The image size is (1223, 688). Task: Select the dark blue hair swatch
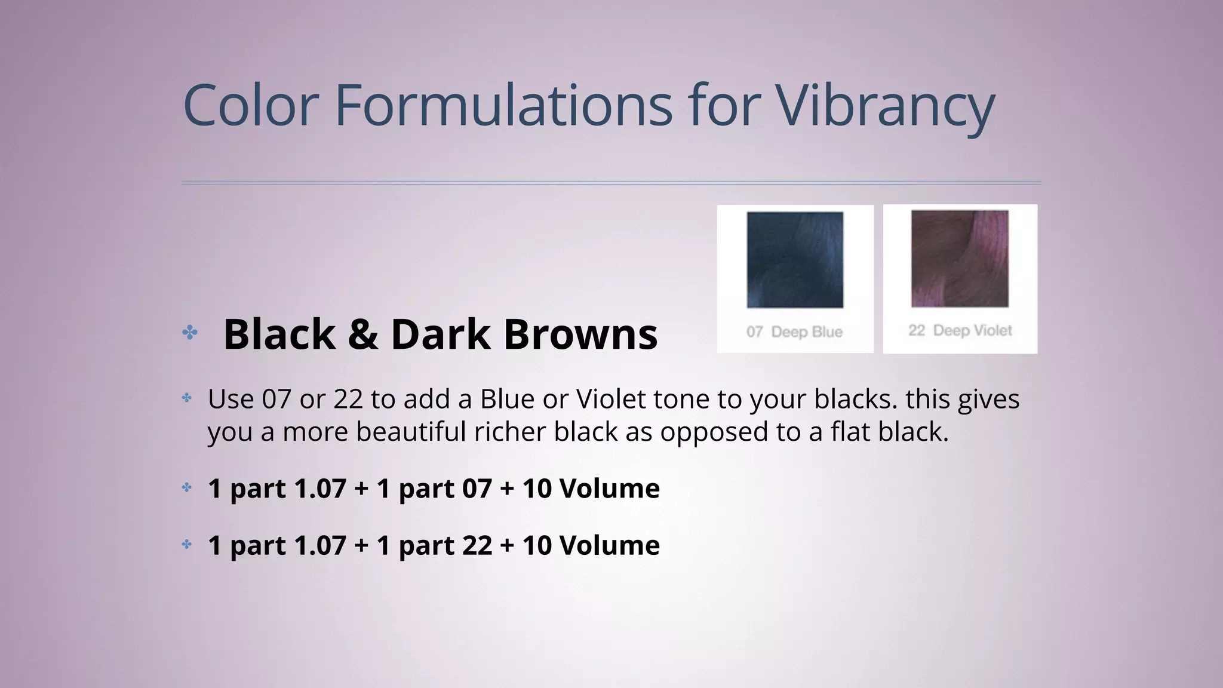click(x=795, y=260)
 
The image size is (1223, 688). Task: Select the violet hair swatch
click(x=960, y=259)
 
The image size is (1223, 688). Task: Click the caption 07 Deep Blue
click(x=794, y=332)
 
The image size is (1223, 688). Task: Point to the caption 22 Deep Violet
click(x=960, y=331)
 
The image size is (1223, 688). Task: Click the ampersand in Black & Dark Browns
click(x=362, y=334)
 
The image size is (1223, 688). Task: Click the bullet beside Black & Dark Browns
click(x=190, y=333)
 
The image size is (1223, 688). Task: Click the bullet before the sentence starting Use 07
click(x=187, y=398)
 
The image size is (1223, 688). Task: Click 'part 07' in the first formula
click(x=445, y=489)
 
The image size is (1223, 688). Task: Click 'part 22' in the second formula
click(x=445, y=545)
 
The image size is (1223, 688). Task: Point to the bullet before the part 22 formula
click(x=187, y=544)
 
